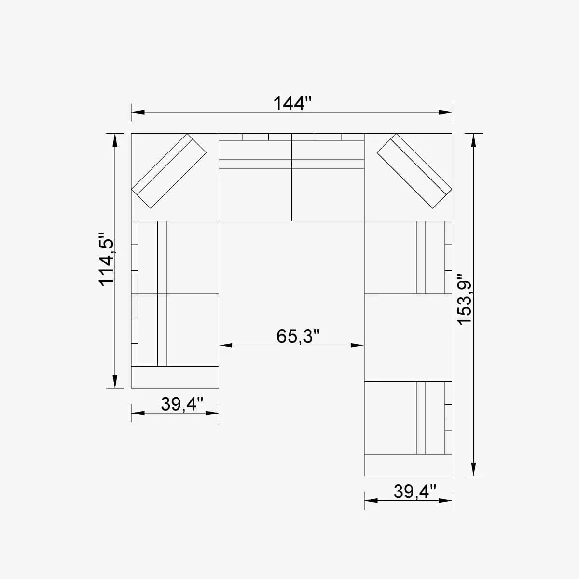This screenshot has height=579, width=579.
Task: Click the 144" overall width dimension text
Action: [x=292, y=103]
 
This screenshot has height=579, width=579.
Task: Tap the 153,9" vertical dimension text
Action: [x=464, y=300]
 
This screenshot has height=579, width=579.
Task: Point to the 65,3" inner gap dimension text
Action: [x=298, y=336]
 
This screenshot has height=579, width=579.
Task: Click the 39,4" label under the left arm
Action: [x=182, y=404]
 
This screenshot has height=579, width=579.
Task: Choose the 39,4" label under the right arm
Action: [x=415, y=492]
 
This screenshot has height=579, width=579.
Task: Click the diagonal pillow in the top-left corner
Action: [x=169, y=171]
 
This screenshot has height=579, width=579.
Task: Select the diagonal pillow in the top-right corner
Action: [x=414, y=171]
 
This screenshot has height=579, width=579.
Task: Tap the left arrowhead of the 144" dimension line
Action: [x=138, y=112]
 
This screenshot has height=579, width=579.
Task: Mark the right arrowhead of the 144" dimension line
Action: [x=445, y=112]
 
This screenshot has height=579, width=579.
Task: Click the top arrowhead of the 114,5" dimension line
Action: [x=114, y=140]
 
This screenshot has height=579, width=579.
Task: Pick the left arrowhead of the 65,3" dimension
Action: [x=226, y=345]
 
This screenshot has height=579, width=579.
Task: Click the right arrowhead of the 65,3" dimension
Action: [x=358, y=345]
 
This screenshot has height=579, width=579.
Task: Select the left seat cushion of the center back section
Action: [x=255, y=194]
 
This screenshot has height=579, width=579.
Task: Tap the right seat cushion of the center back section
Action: [x=328, y=194]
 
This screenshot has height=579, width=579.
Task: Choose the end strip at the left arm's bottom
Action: [x=175, y=377]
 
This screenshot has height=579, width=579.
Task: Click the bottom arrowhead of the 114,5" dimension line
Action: [x=114, y=381]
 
